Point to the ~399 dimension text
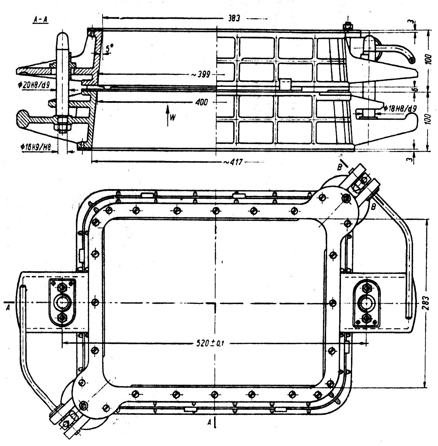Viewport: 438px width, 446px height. tap(201, 74)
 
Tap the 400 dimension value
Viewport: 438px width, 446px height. tap(202, 102)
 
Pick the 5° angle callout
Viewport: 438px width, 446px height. tap(109, 49)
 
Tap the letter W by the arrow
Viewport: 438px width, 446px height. tap(173, 118)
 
